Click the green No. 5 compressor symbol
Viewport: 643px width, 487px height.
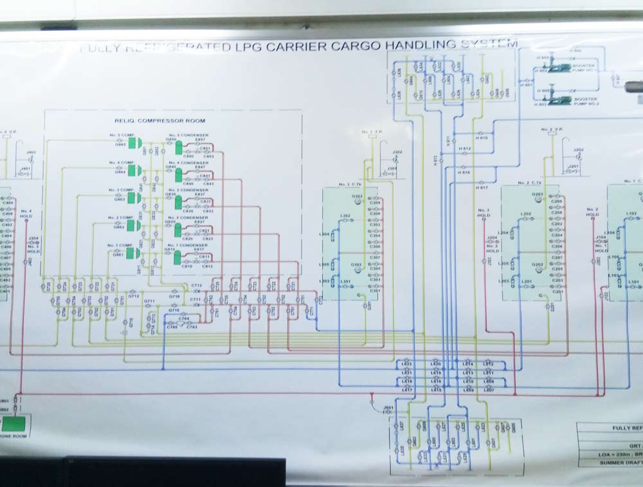click(135, 142)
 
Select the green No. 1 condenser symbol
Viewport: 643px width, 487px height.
click(178, 257)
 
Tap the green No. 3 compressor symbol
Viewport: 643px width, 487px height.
click(135, 198)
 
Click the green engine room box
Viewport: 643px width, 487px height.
click(17, 424)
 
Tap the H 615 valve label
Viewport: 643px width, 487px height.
click(483, 138)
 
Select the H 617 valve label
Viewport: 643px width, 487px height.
click(483, 187)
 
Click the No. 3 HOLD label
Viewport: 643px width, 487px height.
click(484, 214)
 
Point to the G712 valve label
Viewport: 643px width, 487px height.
click(133, 296)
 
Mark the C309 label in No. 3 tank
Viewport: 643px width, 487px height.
click(376, 203)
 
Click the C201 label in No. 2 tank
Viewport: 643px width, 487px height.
click(557, 291)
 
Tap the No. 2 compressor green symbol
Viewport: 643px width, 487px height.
click(135, 225)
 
